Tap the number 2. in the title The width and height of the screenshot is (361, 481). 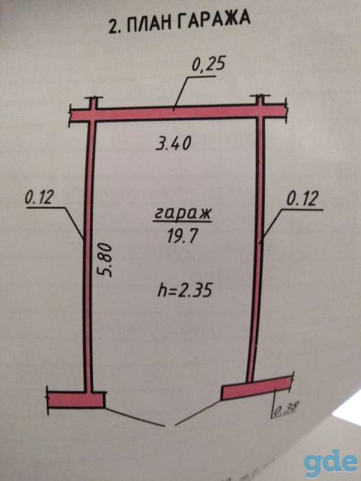pyautogui.click(x=115, y=27)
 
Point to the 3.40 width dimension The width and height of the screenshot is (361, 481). pyautogui.click(x=173, y=143)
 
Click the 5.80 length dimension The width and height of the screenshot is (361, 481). pyautogui.click(x=105, y=260)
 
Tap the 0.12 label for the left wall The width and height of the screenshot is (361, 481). pyautogui.click(x=39, y=197)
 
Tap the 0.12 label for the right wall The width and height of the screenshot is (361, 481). pyautogui.click(x=302, y=199)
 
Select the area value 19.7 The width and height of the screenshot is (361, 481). pyautogui.click(x=182, y=236)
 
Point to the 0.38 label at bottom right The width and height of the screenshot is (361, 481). pyautogui.click(x=285, y=410)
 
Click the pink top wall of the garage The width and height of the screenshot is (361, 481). pyautogui.click(x=177, y=113)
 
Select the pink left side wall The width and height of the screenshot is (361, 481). pyautogui.click(x=89, y=255)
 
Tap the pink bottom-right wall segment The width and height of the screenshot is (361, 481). pyautogui.click(x=256, y=388)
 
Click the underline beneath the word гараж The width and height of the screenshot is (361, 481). pyautogui.click(x=182, y=221)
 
